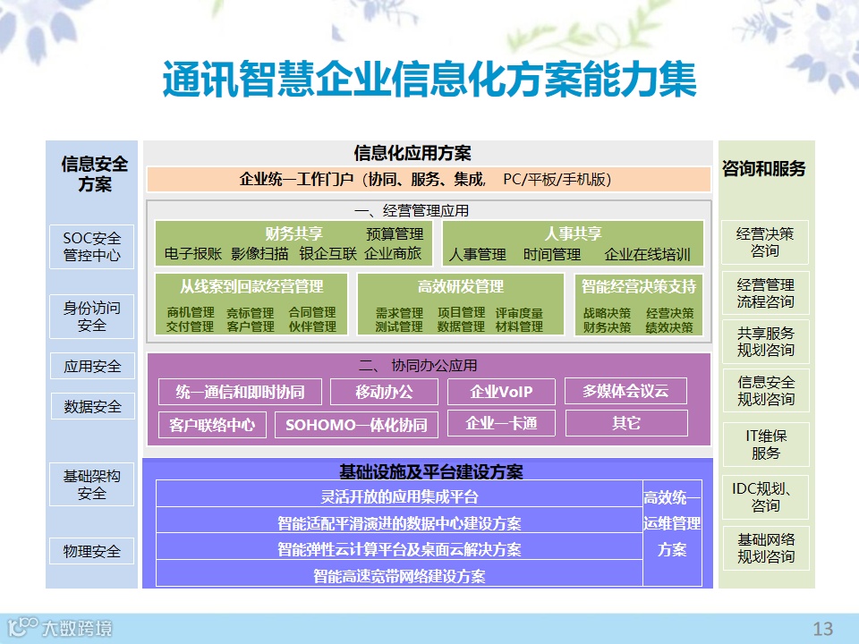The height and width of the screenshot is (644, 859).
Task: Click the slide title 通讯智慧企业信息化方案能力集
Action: click(x=429, y=80)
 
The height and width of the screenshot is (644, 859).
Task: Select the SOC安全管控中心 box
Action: click(x=92, y=247)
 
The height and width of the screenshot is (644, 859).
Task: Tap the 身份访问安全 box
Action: click(x=92, y=316)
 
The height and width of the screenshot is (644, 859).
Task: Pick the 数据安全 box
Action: click(x=92, y=406)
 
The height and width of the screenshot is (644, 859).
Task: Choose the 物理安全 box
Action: click(x=92, y=551)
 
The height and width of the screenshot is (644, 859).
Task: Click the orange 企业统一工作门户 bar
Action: click(x=428, y=180)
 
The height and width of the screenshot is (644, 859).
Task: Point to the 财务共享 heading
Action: click(x=293, y=234)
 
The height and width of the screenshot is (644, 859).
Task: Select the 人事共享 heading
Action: click(x=573, y=234)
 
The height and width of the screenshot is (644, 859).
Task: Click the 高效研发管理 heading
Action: click(x=460, y=287)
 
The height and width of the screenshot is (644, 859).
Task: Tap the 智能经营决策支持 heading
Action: click(x=638, y=287)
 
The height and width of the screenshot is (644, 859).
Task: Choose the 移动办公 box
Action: click(x=384, y=392)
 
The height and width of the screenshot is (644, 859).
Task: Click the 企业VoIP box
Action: click(x=501, y=392)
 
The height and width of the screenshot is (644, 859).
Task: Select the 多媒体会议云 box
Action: click(x=625, y=391)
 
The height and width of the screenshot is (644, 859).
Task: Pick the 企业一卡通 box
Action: click(x=501, y=423)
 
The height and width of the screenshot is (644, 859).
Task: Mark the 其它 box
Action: click(x=626, y=423)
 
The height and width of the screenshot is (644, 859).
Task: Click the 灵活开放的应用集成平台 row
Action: click(x=399, y=496)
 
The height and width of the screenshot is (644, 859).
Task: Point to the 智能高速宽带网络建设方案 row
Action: click(x=399, y=575)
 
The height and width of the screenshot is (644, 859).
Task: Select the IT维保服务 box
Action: click(x=765, y=445)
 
